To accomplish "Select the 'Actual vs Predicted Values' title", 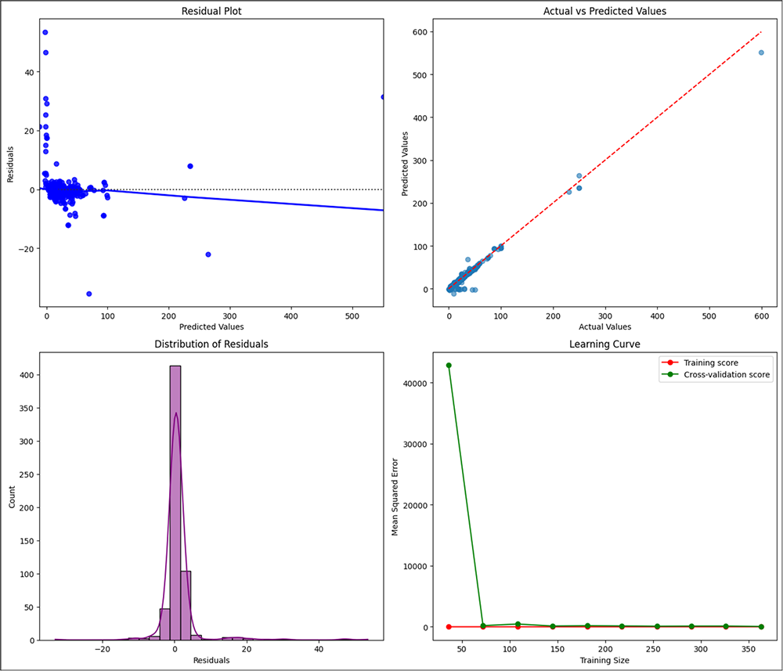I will tap(604, 13).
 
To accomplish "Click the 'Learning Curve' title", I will tap(604, 344).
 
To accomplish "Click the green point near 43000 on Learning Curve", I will tap(448, 366).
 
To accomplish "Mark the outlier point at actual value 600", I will tap(760, 52).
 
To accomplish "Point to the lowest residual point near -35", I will tap(88, 294).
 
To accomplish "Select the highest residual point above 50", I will tap(45, 32).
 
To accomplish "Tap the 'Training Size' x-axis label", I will tap(604, 660).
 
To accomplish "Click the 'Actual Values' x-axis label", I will tap(604, 326).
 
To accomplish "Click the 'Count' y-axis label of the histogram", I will tap(11, 496).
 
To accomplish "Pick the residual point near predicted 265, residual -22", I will tap(208, 254).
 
